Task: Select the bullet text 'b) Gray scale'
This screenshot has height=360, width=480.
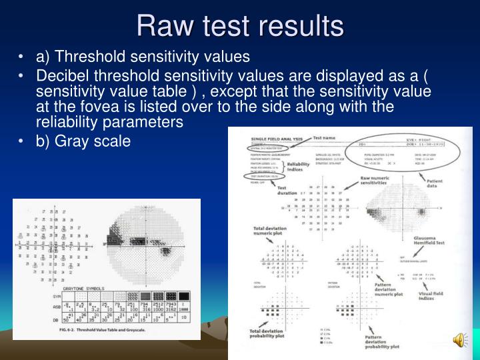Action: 83,141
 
